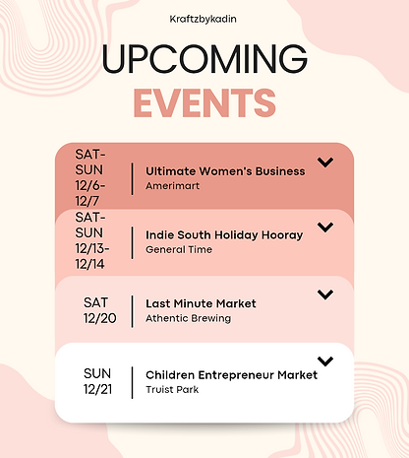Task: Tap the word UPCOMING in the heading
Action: tap(204, 60)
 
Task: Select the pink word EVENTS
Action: tap(204, 101)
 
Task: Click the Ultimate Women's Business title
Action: tap(225, 170)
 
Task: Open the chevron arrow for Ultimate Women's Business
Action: tap(325, 163)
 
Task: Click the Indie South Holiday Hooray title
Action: tap(224, 235)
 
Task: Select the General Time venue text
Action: tap(179, 249)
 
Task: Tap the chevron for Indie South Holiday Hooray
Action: tap(325, 229)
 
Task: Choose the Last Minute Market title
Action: tap(201, 303)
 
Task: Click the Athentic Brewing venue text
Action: tap(188, 317)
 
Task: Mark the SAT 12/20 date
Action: tap(96, 309)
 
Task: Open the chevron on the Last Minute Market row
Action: tap(325, 294)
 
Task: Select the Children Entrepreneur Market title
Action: tap(231, 374)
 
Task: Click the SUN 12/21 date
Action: tap(96, 381)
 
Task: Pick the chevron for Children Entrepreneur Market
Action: tap(325, 361)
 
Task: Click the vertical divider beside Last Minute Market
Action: tap(132, 310)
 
